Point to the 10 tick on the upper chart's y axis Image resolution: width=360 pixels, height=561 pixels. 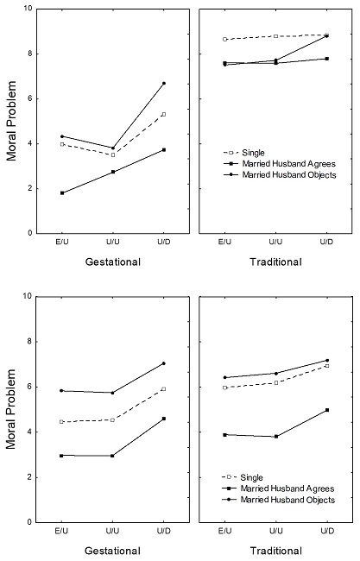pyautogui.click(x=29, y=9)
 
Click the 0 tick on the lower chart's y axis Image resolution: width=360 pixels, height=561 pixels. pyautogui.click(x=31, y=522)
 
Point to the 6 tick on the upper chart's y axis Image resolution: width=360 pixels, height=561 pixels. pyautogui.click(x=31, y=98)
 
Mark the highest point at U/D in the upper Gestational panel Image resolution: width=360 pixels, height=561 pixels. pyautogui.click(x=163, y=83)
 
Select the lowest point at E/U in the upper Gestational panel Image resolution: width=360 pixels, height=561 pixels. pyautogui.click(x=61, y=192)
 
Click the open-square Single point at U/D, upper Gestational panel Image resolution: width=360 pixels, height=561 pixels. pyautogui.click(x=163, y=114)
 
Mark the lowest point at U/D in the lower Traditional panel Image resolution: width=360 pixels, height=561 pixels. pyautogui.click(x=327, y=410)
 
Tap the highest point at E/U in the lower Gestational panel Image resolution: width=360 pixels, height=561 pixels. pyautogui.click(x=61, y=391)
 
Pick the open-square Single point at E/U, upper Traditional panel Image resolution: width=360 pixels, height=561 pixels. pyautogui.click(x=224, y=39)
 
